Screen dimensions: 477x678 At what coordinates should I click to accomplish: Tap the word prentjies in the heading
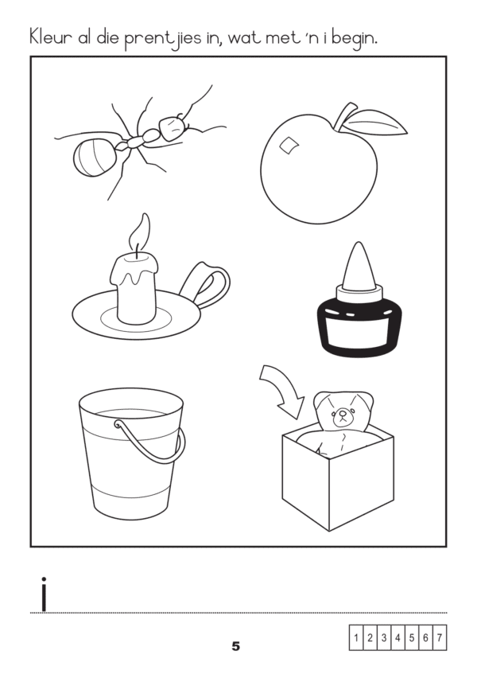click(x=162, y=39)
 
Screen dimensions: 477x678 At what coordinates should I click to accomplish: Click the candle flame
click(x=140, y=232)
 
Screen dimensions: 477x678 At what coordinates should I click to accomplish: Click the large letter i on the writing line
click(x=43, y=594)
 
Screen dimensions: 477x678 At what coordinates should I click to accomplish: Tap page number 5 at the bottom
click(x=235, y=646)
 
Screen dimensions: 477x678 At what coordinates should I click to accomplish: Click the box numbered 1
click(x=356, y=637)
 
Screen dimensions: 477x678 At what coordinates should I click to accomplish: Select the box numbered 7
click(x=440, y=637)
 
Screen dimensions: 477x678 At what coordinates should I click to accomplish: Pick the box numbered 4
click(x=397, y=637)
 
